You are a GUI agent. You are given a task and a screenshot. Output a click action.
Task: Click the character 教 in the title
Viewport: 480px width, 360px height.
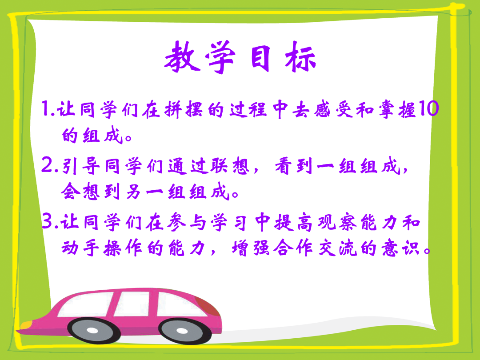[x=183, y=57]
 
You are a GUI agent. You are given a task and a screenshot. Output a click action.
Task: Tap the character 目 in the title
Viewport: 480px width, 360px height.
[x=261, y=58]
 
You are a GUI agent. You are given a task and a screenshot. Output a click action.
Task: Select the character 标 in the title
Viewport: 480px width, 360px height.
[x=300, y=57]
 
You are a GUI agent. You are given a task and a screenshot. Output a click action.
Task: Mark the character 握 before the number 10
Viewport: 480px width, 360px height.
[x=407, y=109]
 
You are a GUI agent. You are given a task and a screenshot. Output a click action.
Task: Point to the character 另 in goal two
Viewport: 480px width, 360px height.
[x=134, y=192]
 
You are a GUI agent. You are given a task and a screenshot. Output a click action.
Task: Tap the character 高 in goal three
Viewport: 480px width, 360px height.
[x=304, y=222]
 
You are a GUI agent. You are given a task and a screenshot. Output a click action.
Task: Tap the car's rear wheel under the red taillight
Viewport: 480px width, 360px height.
[x=183, y=331]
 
